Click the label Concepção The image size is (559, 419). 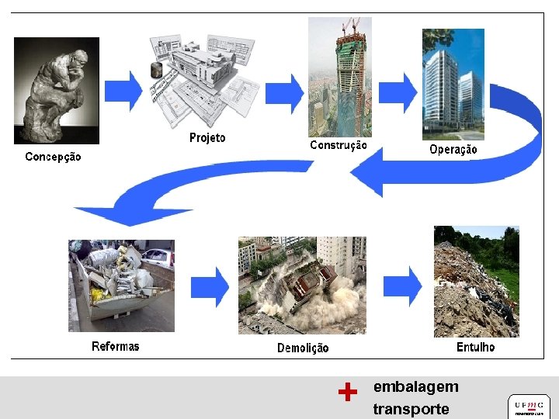(x=53, y=157)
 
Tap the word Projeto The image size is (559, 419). (x=207, y=138)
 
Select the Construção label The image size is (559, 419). (x=339, y=145)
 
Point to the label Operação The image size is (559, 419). (x=453, y=149)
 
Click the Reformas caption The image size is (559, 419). (x=116, y=346)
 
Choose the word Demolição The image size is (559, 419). (x=303, y=348)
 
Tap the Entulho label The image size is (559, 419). (x=475, y=347)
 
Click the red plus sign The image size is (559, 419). (x=348, y=393)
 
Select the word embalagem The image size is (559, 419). (x=415, y=386)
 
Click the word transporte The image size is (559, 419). (x=411, y=409)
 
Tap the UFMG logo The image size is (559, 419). (x=529, y=405)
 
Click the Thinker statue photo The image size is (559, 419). (x=57, y=90)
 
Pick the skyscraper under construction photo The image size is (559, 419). (x=339, y=76)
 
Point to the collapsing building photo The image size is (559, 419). (x=302, y=285)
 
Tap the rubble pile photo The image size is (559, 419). (x=476, y=281)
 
